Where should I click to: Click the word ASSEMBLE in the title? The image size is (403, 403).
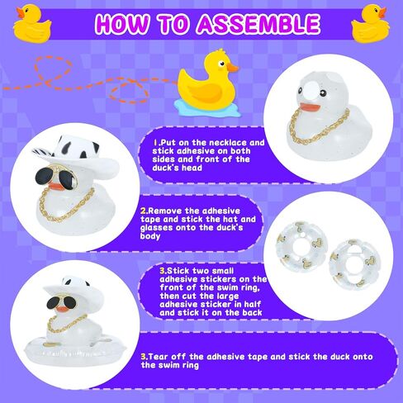pos(258,23)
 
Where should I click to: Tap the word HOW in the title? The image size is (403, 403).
pos(122,23)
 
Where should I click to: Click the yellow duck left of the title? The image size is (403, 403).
pos(32,24)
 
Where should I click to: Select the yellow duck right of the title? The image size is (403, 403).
pos(370,24)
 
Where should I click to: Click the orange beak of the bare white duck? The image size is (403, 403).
pos(311,107)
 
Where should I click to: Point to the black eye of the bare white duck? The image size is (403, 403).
pos(324,93)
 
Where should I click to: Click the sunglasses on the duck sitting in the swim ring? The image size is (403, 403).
pos(64,302)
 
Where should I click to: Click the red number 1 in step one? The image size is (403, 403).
pos(155,143)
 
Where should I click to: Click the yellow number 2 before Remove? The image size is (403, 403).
pos(143,211)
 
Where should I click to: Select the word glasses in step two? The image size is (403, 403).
pos(156,228)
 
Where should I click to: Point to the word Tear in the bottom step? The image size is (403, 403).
pos(159,357)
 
